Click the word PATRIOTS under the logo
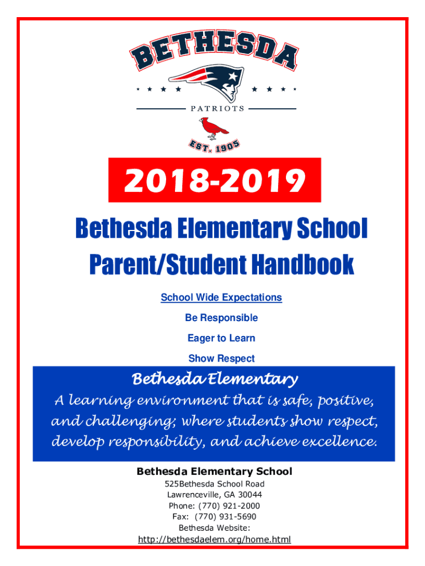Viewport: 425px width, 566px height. click(x=217, y=108)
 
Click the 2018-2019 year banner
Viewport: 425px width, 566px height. click(x=215, y=180)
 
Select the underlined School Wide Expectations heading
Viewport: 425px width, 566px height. click(x=221, y=297)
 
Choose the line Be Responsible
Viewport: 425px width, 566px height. click(x=221, y=318)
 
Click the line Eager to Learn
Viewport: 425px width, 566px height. click(x=221, y=338)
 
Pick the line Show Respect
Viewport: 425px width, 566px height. click(x=221, y=358)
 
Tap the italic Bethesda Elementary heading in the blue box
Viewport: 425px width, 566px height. click(x=215, y=380)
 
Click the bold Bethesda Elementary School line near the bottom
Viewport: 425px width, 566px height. click(x=214, y=471)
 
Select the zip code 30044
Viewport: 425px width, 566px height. click(x=249, y=495)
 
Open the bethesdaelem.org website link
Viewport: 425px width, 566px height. click(x=214, y=539)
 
